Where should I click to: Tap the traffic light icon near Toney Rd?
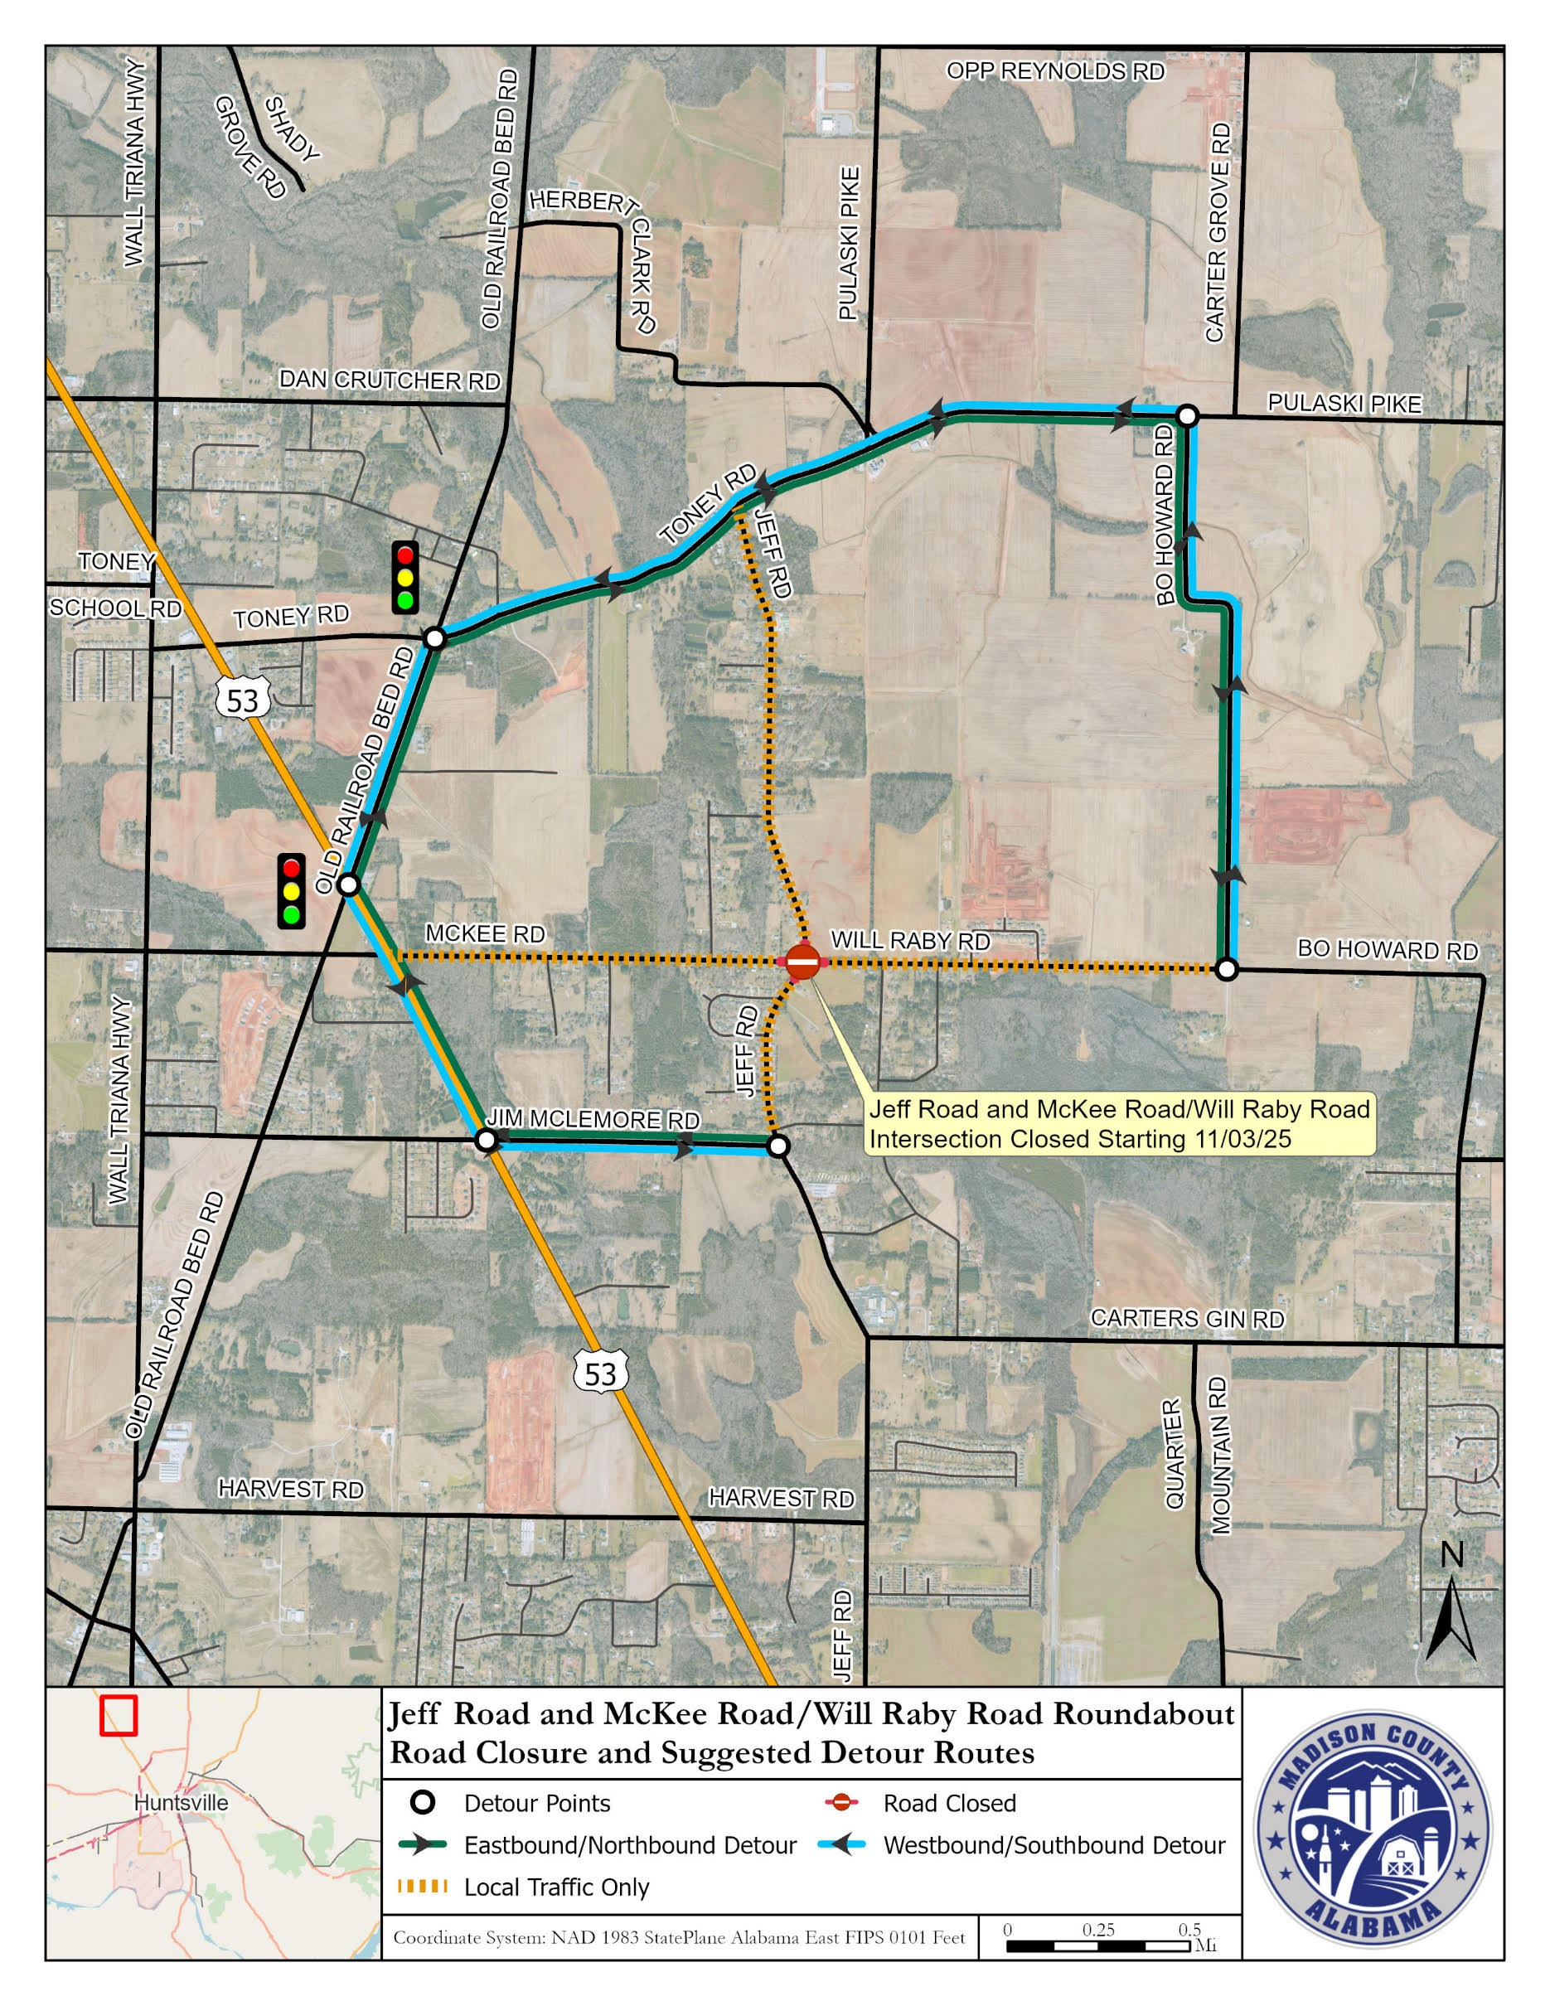[405, 578]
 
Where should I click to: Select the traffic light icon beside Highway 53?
[292, 891]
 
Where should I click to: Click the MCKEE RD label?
[485, 934]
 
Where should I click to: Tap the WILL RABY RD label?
[910, 941]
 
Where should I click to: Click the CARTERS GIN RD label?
[1186, 1319]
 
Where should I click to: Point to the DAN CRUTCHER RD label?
[390, 380]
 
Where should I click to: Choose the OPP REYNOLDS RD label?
[1055, 71]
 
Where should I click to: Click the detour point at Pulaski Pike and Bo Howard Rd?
[1186, 416]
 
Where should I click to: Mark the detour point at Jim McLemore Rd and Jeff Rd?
[777, 1146]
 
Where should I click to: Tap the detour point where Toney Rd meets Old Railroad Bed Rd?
[434, 637]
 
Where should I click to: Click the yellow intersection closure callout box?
[1119, 1124]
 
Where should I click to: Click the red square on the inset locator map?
[119, 1715]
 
